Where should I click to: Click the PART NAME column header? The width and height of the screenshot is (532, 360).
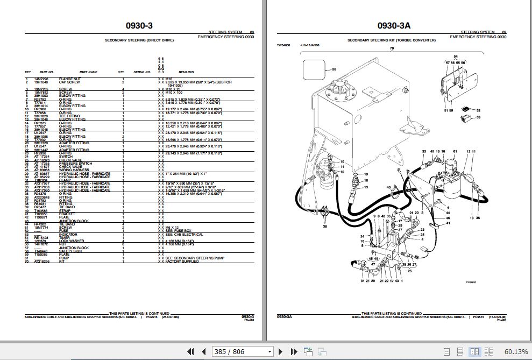(x=88, y=72)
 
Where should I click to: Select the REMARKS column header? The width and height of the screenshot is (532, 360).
(x=186, y=72)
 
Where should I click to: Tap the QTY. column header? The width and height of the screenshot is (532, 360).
(x=121, y=72)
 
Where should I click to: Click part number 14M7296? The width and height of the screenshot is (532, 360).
(x=41, y=79)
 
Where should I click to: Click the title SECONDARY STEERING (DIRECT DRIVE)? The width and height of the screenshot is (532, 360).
(x=139, y=40)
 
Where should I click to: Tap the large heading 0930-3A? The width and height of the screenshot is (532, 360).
(x=394, y=25)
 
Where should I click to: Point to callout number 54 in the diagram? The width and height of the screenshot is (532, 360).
(x=455, y=57)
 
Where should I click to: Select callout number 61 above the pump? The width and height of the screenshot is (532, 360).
(x=455, y=151)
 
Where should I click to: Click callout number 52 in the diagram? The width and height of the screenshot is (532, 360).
(x=478, y=110)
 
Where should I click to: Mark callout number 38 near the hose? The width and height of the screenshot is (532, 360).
(x=324, y=226)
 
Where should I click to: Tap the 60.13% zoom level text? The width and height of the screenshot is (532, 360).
(x=517, y=351)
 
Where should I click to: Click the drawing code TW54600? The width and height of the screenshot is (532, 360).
(x=283, y=46)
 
